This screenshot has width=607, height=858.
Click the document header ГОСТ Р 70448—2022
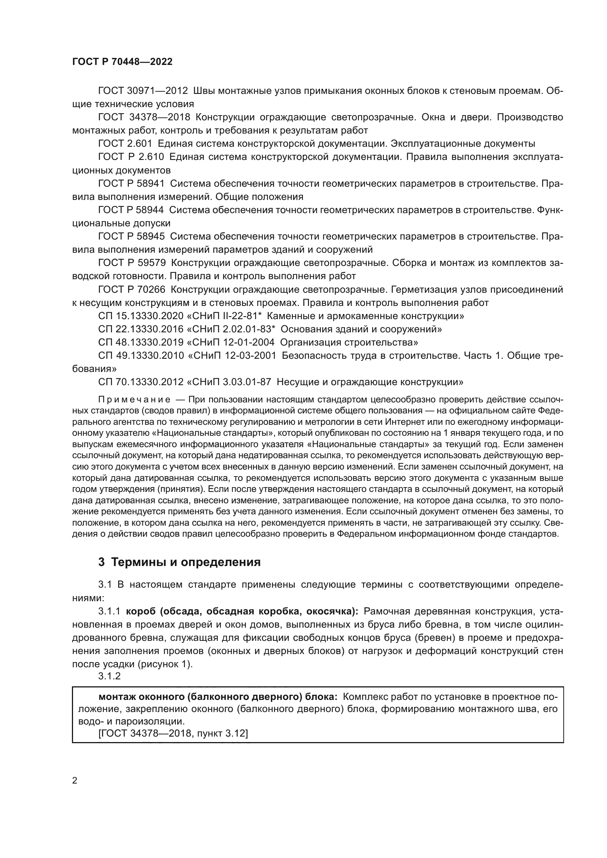(122, 62)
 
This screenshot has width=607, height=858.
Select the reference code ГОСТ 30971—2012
(143, 91)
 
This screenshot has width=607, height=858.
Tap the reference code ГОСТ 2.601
(126, 143)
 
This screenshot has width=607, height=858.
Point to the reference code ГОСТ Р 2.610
(131, 157)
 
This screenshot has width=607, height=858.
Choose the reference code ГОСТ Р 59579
(132, 263)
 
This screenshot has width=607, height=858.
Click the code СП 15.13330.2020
(141, 316)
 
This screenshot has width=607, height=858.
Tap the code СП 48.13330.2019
(141, 342)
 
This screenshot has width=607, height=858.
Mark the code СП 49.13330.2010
(141, 355)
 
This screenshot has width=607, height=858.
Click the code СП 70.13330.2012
(141, 382)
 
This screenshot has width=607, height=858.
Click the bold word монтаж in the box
(117, 697)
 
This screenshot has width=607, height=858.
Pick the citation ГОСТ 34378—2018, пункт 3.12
(174, 733)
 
